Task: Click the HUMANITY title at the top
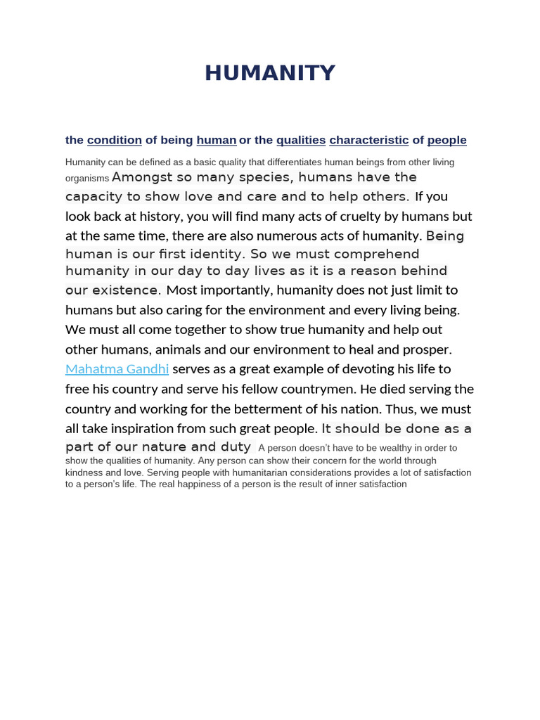(270, 73)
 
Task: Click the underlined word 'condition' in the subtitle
(115, 140)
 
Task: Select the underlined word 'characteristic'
(368, 140)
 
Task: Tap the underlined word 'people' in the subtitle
(446, 140)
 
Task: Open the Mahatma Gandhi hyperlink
(117, 369)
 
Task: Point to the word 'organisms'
(87, 179)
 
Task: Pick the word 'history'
(184, 217)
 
